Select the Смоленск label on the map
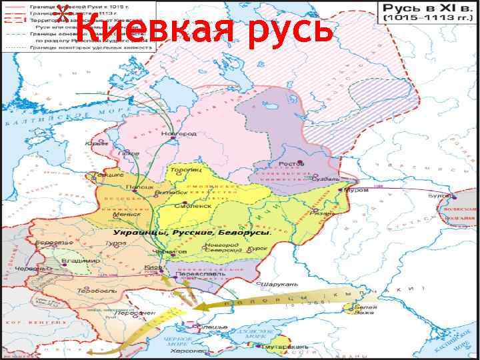[193, 206]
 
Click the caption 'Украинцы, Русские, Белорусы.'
[192, 232]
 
